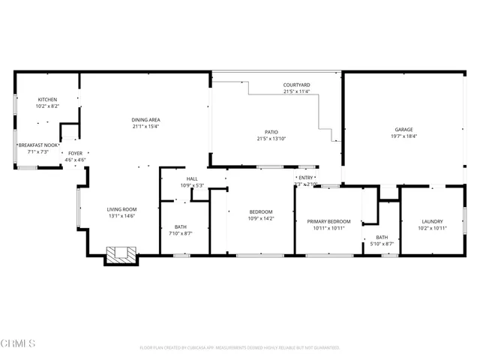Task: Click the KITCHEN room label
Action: (x=47, y=99)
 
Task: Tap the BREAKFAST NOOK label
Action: (x=37, y=145)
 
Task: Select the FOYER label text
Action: (x=75, y=152)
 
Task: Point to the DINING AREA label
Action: (x=146, y=119)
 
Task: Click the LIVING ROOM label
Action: (x=120, y=209)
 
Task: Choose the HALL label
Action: (x=192, y=178)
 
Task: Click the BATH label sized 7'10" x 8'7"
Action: (x=181, y=226)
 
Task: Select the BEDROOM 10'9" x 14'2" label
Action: (x=260, y=211)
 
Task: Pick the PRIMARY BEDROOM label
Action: (x=328, y=221)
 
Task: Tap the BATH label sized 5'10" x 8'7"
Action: (x=382, y=237)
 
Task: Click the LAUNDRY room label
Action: (x=432, y=221)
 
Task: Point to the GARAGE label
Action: (x=404, y=129)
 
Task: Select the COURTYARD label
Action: (x=296, y=85)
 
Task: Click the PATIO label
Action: (x=271, y=131)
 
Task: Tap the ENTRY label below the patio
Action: (x=306, y=177)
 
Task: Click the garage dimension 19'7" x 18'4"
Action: (x=404, y=136)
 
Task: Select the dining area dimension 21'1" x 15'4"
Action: (x=146, y=126)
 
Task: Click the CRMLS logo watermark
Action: (x=18, y=343)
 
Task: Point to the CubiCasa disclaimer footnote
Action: (x=240, y=347)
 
